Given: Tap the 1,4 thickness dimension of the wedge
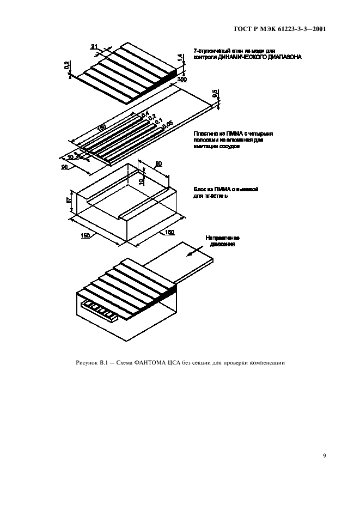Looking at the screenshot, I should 179,57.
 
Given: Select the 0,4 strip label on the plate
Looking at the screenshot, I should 145,114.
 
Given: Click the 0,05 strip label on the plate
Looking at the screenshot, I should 167,125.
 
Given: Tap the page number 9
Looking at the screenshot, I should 324,456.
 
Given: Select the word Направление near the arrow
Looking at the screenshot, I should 222,238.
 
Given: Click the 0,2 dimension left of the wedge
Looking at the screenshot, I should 66,66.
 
